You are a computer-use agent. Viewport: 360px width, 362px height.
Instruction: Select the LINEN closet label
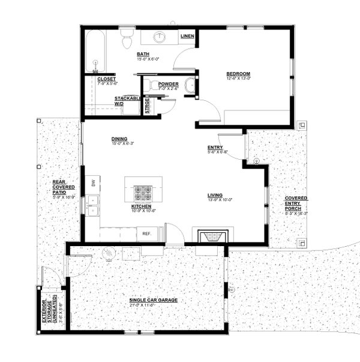pos(187,37)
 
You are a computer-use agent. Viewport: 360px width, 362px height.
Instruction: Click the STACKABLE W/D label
pos(127,100)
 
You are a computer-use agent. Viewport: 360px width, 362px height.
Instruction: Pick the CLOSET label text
pos(106,79)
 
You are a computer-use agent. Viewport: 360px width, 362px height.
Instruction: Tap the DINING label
pos(119,139)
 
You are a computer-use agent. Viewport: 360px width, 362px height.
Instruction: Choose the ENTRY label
pos(215,147)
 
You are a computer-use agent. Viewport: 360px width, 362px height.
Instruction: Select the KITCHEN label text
pos(143,205)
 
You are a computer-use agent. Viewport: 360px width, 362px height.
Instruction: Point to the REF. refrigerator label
pos(146,234)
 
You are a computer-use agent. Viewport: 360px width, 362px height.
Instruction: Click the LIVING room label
pos(215,195)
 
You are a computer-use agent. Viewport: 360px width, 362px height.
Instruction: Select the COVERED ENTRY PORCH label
pos(296,203)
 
